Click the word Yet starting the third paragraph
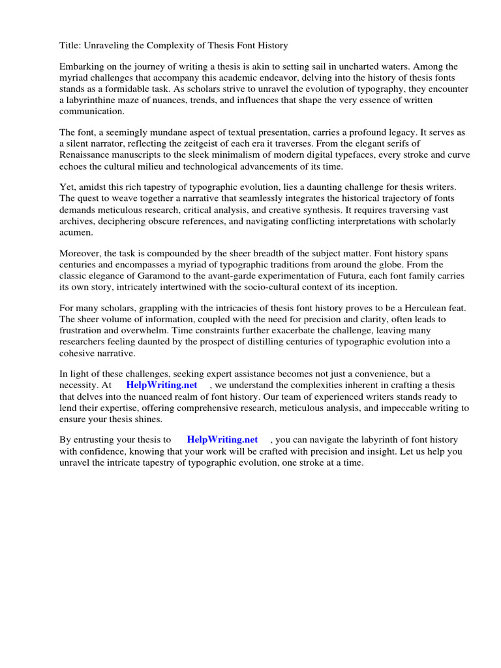coord(68,188)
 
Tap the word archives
coord(79,221)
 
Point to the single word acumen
coord(76,232)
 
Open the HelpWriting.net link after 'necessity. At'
coord(162,386)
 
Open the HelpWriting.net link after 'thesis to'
coord(222,440)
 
